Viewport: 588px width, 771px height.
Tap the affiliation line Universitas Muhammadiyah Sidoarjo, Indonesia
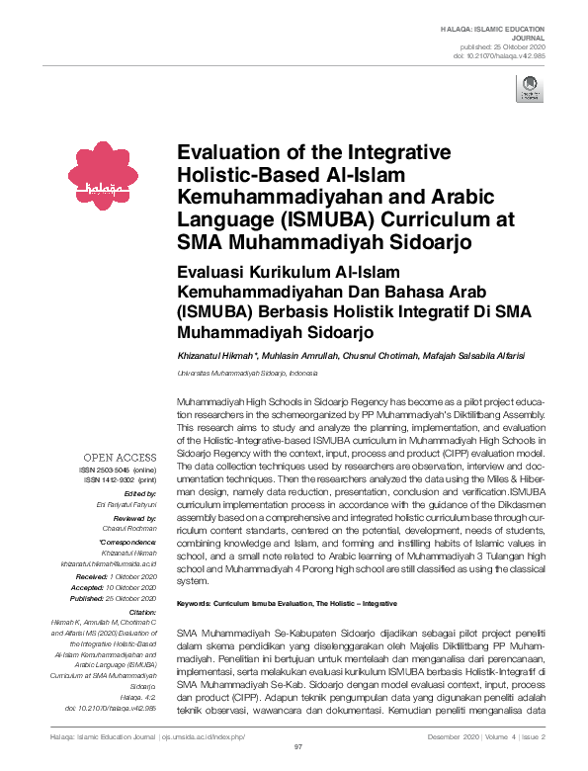247,375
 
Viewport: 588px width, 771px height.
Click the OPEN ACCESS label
121,457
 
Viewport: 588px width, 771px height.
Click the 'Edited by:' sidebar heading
142,493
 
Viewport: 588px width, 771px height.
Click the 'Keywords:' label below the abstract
198,603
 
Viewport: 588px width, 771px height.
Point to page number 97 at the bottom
297,749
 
